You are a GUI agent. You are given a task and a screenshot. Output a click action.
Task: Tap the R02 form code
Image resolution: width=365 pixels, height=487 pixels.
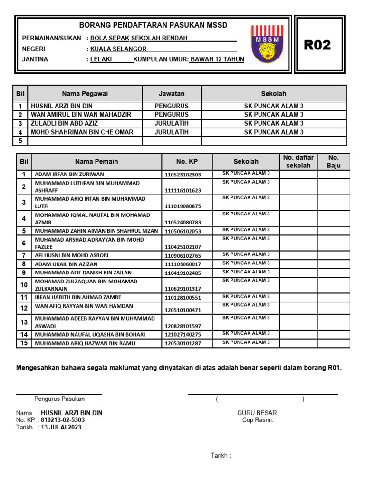pos(317,45)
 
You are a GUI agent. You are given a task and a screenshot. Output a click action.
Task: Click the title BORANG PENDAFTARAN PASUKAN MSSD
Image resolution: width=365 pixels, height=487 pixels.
pos(153,25)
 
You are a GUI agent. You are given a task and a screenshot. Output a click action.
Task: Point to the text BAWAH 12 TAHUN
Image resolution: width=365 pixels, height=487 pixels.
pos(217,59)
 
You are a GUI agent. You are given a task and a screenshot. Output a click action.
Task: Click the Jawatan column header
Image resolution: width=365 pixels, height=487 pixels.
pos(172,94)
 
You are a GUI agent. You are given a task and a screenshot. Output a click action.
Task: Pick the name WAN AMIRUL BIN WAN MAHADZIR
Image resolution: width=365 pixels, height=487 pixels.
pos(81,115)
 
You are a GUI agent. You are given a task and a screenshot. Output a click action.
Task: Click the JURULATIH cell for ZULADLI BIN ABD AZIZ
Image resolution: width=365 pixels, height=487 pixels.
pos(172,123)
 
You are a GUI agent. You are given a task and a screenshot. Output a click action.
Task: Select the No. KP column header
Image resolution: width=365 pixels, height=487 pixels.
pos(187,162)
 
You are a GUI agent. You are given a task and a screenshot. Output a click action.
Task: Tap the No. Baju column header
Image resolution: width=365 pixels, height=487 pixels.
pos(334,162)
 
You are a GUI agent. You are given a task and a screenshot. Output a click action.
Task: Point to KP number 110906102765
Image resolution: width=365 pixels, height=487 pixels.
pos(183,256)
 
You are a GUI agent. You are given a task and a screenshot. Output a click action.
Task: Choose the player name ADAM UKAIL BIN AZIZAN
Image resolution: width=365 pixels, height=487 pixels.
pos(66,264)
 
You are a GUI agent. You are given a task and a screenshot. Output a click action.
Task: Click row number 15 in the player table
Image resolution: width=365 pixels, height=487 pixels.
pos(24,343)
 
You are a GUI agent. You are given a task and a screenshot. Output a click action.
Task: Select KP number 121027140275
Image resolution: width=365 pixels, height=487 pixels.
pos(183,335)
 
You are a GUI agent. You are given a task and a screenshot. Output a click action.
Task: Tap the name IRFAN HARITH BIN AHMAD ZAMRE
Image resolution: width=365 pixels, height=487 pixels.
pos(77,298)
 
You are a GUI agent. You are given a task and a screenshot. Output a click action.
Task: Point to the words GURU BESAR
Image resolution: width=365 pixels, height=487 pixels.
pos(257,413)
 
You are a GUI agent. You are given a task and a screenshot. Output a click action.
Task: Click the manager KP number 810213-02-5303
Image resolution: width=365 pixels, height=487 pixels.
pos(63,420)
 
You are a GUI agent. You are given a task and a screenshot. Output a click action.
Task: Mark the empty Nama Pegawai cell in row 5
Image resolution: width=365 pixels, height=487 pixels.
pos(85,141)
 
